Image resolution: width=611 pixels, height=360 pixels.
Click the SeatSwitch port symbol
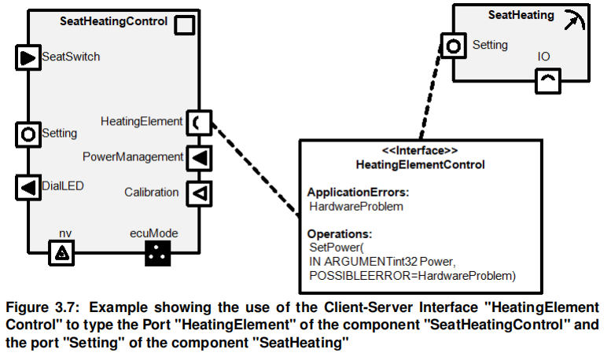[27, 57]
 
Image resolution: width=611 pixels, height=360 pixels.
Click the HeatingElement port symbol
[197, 122]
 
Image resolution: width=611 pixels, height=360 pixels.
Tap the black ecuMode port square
[158, 252]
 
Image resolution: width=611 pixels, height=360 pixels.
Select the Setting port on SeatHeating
[452, 46]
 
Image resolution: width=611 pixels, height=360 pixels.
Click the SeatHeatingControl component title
[113, 21]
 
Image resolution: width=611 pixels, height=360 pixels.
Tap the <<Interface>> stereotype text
[420, 150]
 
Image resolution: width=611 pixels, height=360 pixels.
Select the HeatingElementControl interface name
[420, 164]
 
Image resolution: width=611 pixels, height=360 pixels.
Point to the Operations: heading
[339, 234]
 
